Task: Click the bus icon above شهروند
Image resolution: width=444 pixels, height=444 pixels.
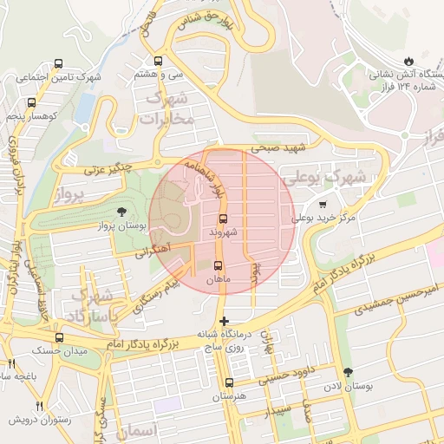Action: pos(224,219)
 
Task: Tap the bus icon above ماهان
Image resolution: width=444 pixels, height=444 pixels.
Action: pos(217,266)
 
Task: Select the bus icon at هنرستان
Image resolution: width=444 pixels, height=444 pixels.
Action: pos(229,382)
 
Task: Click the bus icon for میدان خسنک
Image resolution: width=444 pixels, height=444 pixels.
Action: pos(59,337)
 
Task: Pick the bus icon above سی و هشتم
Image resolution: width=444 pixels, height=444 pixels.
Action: pos(158,62)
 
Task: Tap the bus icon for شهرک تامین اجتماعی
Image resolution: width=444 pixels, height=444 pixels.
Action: pos(58,63)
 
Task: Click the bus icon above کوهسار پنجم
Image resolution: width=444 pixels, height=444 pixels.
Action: pos(32,102)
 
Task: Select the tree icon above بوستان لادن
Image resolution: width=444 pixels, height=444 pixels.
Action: pos(349,373)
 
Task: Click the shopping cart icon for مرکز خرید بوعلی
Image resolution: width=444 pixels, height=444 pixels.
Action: pos(323,205)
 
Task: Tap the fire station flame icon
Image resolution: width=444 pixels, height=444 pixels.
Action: pos(349,59)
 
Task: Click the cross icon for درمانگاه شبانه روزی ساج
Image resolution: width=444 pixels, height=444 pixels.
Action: pos(225,322)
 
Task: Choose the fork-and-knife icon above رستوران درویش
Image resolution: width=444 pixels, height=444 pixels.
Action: pos(40,406)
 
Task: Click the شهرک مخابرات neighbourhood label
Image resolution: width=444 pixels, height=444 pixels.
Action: pos(167,110)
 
